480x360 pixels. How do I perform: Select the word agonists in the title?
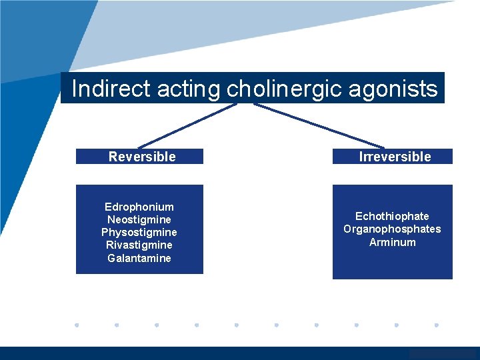[x=398, y=89]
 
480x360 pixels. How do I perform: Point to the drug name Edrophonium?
[x=139, y=207]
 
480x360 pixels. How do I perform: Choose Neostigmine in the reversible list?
[x=139, y=219]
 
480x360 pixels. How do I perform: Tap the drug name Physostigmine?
[x=139, y=233]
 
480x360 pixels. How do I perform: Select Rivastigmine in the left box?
[x=139, y=245]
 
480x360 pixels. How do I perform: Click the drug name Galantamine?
[x=139, y=258]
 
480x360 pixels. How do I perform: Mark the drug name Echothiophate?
[x=392, y=216]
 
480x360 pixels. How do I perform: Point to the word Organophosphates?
[x=392, y=229]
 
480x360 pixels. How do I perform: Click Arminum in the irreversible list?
[x=392, y=242]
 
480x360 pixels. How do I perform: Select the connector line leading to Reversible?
[x=187, y=125]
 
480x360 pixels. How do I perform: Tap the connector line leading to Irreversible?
[x=320, y=125]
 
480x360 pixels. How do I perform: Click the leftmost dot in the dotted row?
[x=77, y=325]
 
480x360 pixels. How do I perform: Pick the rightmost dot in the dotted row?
[x=437, y=325]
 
